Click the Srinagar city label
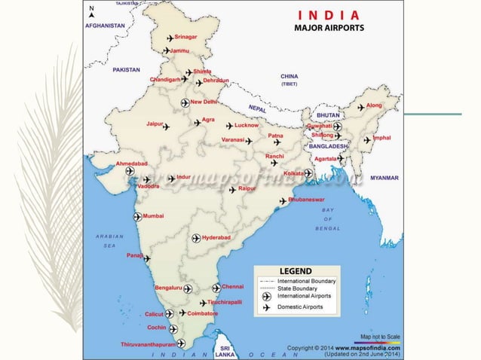pyautogui.click(x=185, y=37)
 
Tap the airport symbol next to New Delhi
pyautogui.click(x=185, y=102)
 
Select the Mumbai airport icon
pyautogui.click(x=137, y=217)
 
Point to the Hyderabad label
pyautogui.click(x=218, y=237)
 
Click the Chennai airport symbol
pyautogui.click(x=216, y=288)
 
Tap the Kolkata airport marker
pyautogui.click(x=308, y=173)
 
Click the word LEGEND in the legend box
pyautogui.click(x=296, y=270)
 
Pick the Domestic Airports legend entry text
pyautogui.click(x=302, y=307)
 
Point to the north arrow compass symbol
pyautogui.click(x=91, y=11)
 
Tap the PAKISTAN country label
pyautogui.click(x=127, y=69)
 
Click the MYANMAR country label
pyautogui.click(x=384, y=178)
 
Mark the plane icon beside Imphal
pyautogui.click(x=367, y=139)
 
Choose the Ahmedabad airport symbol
pyautogui.click(x=130, y=172)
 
